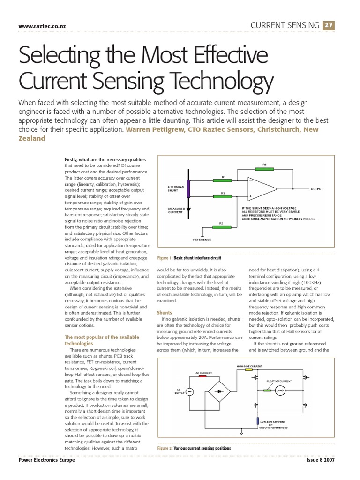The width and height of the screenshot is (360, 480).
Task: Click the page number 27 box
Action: tap(329, 25)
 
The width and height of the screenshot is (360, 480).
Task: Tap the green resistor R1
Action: tap(224, 180)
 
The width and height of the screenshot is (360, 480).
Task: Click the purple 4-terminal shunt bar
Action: tap(188, 189)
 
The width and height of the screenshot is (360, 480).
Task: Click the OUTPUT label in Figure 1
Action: tap(316, 189)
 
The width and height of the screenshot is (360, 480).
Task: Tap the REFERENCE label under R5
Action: tap(202, 240)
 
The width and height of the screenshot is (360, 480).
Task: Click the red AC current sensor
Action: tap(202, 376)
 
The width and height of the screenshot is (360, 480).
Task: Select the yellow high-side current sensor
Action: tap(249, 369)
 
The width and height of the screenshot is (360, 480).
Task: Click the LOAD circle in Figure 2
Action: tap(280, 390)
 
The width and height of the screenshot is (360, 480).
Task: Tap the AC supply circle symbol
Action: tap(190, 392)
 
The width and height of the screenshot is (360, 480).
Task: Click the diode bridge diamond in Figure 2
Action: tap(219, 390)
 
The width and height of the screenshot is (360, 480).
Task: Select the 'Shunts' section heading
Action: tap(164, 312)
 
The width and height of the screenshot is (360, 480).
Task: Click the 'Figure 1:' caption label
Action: tap(165, 258)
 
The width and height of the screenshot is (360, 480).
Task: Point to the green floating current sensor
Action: tap(267, 390)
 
